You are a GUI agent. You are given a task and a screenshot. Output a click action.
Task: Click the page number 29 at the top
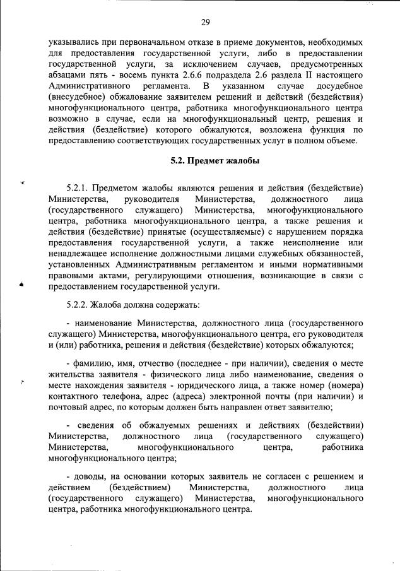pos(205,23)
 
